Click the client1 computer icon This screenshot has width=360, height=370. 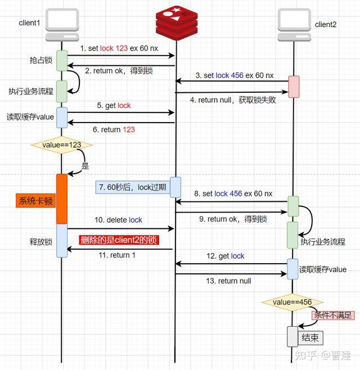tap(62, 23)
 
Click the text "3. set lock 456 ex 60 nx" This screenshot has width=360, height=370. tap(235, 75)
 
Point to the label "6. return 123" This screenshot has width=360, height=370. tap(118, 130)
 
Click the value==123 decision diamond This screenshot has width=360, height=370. tap(61, 145)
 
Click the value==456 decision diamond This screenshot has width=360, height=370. tap(292, 302)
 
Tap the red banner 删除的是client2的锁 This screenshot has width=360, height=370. tap(119, 240)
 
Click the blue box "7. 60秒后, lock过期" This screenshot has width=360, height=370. tap(132, 187)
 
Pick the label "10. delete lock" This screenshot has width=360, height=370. tap(119, 220)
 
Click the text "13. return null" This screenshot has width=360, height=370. tap(228, 281)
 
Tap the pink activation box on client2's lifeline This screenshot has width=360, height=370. tap(293, 86)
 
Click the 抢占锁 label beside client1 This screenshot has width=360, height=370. tap(40, 60)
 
